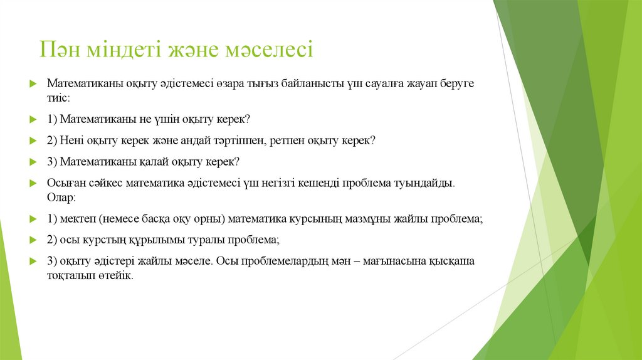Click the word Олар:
(61, 198)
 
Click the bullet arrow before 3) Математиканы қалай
(34, 162)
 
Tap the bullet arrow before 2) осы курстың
(34, 240)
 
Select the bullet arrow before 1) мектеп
(34, 220)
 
